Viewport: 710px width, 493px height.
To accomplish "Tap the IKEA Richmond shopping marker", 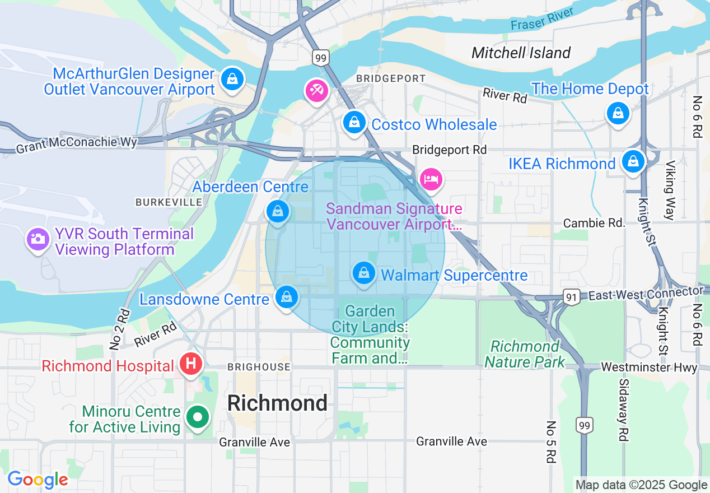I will pyautogui.click(x=633, y=161).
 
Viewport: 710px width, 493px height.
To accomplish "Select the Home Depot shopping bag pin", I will pyautogui.click(x=618, y=113).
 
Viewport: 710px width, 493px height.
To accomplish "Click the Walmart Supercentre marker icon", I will pyautogui.click(x=364, y=273).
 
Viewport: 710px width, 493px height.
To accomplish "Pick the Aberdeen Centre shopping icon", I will pyautogui.click(x=278, y=212).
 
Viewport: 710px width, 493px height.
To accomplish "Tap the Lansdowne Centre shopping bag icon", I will pyautogui.click(x=287, y=297).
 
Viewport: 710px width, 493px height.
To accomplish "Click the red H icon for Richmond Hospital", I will pyautogui.click(x=190, y=364).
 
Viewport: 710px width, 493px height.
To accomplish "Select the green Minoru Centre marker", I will pyautogui.click(x=197, y=417).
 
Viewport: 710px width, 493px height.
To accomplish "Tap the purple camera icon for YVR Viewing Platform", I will pyautogui.click(x=38, y=239).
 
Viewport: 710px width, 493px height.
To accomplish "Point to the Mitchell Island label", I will pyautogui.click(x=521, y=53).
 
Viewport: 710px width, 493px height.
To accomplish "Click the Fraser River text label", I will pyautogui.click(x=542, y=19).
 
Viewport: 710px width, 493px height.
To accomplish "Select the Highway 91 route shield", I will pyautogui.click(x=571, y=298).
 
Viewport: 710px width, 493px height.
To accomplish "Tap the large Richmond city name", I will pyautogui.click(x=278, y=403).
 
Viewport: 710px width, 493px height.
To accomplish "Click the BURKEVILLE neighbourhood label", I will pyautogui.click(x=169, y=202).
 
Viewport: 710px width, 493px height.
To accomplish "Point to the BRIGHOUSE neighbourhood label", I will pyautogui.click(x=259, y=367).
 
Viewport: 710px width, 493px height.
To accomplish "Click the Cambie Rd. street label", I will pyautogui.click(x=594, y=223).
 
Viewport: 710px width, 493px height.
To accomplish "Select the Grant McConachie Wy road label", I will pyautogui.click(x=76, y=146).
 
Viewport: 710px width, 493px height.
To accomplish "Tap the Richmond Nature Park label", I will pyautogui.click(x=525, y=354).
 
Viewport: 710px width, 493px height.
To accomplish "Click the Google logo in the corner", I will pyautogui.click(x=38, y=480).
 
